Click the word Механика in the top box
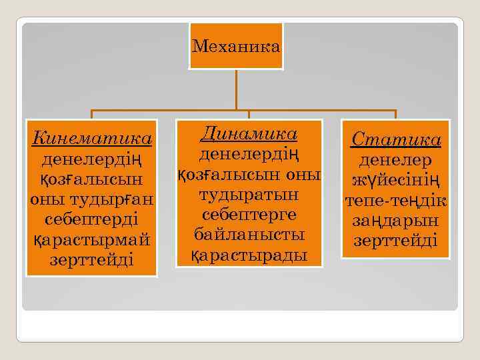[236, 47]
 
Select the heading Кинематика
[92, 139]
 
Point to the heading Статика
[396, 140]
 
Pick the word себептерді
[92, 219]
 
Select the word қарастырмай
[92, 239]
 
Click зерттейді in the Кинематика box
[92, 259]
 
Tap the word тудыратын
[249, 195]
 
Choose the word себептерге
[249, 215]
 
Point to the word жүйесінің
[396, 180]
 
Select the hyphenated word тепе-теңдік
[396, 200]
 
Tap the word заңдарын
[396, 219]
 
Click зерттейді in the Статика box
[396, 239]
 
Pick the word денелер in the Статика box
[396, 160]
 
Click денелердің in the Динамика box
[249, 155]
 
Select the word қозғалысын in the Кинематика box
[92, 180]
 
